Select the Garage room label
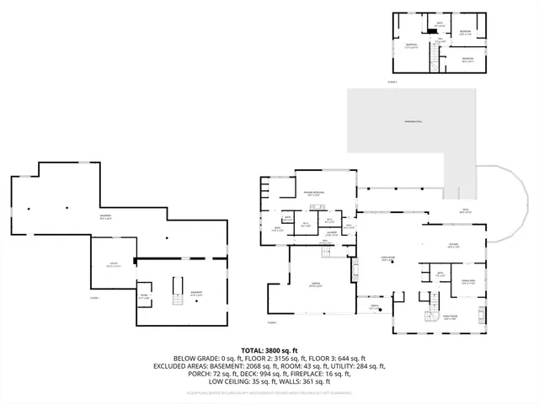coord(317,284)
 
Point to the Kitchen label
coord(452,246)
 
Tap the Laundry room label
coord(332,233)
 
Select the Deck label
coord(464,210)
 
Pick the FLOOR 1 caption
coord(94,298)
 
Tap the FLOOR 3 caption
coord(392,82)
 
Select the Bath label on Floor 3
coord(440,24)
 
